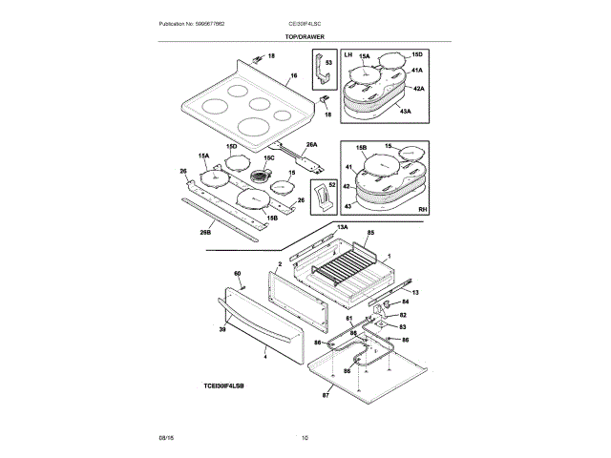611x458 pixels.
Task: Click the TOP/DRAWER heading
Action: point(305,35)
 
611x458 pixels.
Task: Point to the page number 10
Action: point(305,438)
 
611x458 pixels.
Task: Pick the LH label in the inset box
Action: point(348,56)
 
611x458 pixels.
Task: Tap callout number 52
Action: point(332,182)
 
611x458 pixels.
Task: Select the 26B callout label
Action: point(205,230)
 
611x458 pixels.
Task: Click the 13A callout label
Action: point(342,227)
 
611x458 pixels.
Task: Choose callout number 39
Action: point(222,328)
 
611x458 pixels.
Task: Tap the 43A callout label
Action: point(405,112)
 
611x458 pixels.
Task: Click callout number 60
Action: point(238,274)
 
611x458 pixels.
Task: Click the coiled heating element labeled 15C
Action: point(259,177)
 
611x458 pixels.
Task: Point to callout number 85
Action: point(369,233)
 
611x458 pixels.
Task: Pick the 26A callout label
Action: point(311,145)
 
